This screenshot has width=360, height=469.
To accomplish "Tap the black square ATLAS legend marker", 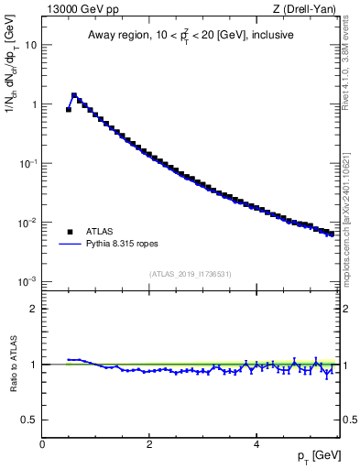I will click(70, 233).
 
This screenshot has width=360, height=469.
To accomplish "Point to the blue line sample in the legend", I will click(70, 245).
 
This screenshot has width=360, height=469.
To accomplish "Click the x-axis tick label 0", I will click(42, 443).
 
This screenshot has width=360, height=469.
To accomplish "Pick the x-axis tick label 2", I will click(149, 443).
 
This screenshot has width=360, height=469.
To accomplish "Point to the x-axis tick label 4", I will click(256, 443).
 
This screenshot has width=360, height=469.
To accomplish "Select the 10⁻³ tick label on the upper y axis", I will click(27, 280).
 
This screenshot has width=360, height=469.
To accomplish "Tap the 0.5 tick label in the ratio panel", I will click(29, 420).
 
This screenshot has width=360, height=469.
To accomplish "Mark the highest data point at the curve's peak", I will click(74, 95).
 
